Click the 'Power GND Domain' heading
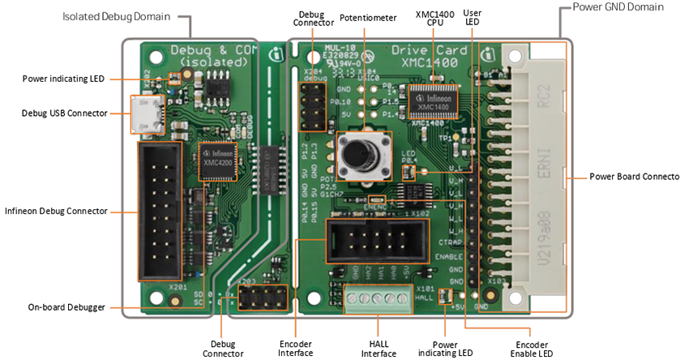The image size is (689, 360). [x=618, y=7]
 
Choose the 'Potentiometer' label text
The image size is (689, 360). [x=368, y=17]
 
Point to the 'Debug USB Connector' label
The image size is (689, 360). [x=64, y=114]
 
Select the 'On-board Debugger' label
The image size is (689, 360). [x=67, y=307]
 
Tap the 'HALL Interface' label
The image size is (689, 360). [x=378, y=348]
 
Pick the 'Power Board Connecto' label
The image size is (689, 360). [x=634, y=176]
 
